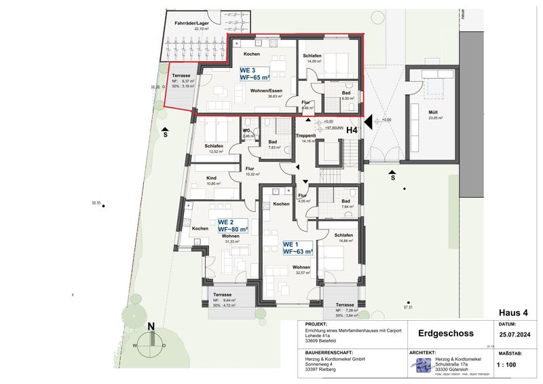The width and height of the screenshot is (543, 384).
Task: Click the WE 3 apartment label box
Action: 254,74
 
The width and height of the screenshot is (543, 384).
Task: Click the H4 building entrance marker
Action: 352,130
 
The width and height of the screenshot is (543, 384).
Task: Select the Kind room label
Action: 212,180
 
